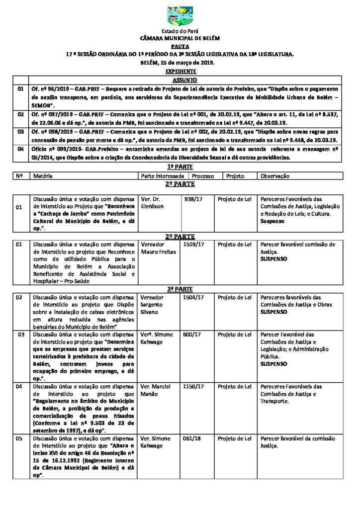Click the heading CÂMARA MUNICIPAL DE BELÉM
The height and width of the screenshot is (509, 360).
pos(180,38)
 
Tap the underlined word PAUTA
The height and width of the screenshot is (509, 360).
pos(180,45)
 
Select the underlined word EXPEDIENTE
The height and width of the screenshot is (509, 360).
pos(180,72)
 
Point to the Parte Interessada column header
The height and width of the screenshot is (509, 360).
pos(163,176)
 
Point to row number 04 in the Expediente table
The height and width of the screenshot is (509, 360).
pos(20,149)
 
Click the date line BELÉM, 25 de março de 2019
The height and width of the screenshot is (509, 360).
pos(180,63)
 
